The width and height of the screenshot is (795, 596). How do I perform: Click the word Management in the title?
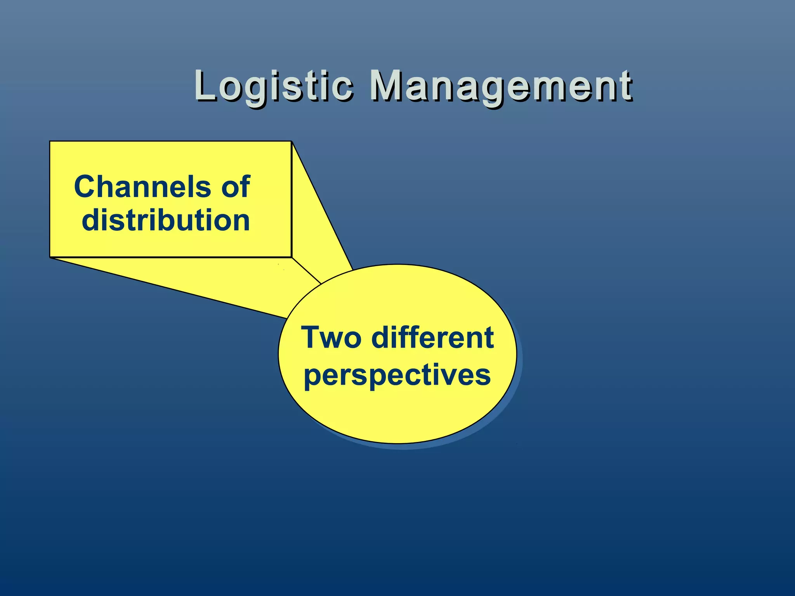pos(501,86)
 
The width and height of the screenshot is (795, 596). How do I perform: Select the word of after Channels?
pos(236,187)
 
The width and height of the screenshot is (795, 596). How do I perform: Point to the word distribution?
pos(166,220)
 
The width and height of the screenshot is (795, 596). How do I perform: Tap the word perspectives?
pos(397,375)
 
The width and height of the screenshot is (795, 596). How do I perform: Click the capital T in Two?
pos(312,337)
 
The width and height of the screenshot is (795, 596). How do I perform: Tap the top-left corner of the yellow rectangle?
pos(50,142)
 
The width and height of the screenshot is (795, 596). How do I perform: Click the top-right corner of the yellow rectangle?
pos(291,142)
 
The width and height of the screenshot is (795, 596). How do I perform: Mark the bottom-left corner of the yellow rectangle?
pos(50,257)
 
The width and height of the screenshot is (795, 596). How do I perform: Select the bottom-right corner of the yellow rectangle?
pos(291,257)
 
